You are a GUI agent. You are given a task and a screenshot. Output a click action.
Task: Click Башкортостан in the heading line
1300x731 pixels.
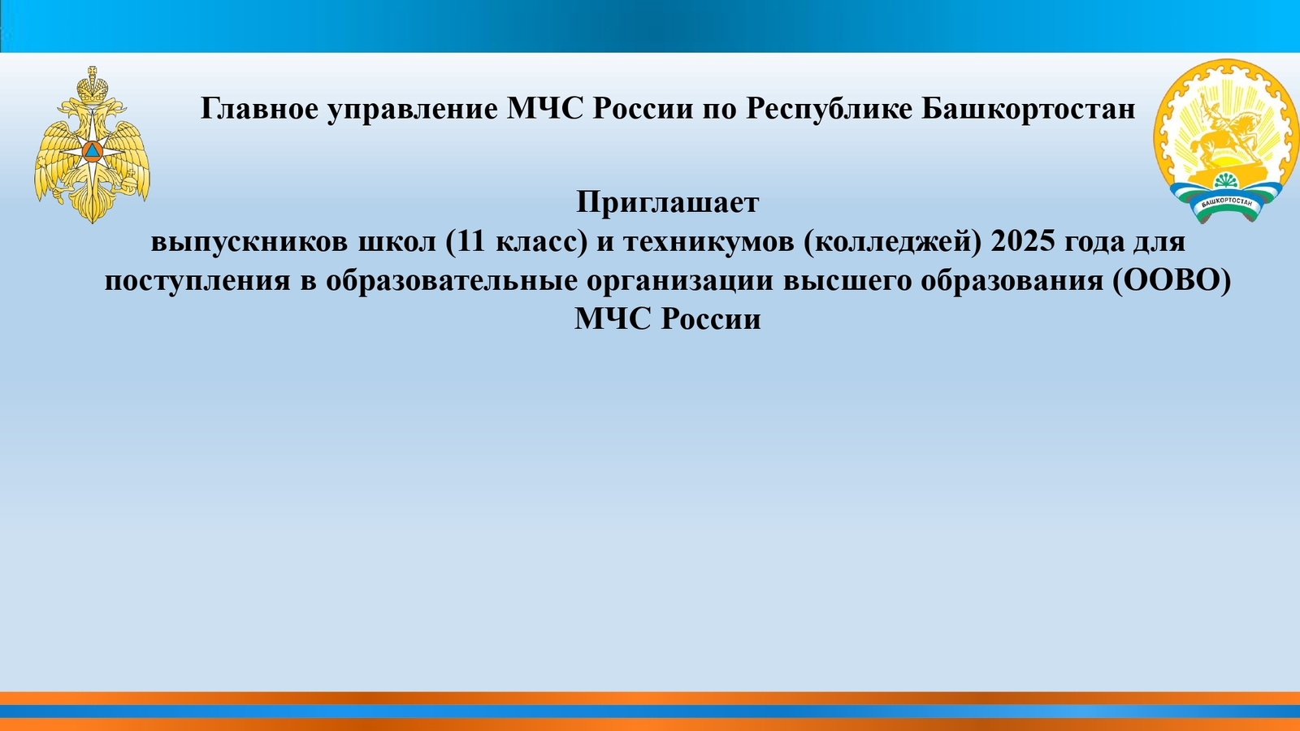(1029, 109)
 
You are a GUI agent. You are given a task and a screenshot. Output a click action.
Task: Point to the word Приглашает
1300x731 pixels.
(667, 203)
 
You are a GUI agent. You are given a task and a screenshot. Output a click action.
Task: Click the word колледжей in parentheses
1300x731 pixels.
(890, 242)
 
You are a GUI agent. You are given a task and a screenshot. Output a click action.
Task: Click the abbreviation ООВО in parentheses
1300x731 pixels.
(1170, 281)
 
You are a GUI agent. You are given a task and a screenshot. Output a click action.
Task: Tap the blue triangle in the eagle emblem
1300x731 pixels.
(92, 152)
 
